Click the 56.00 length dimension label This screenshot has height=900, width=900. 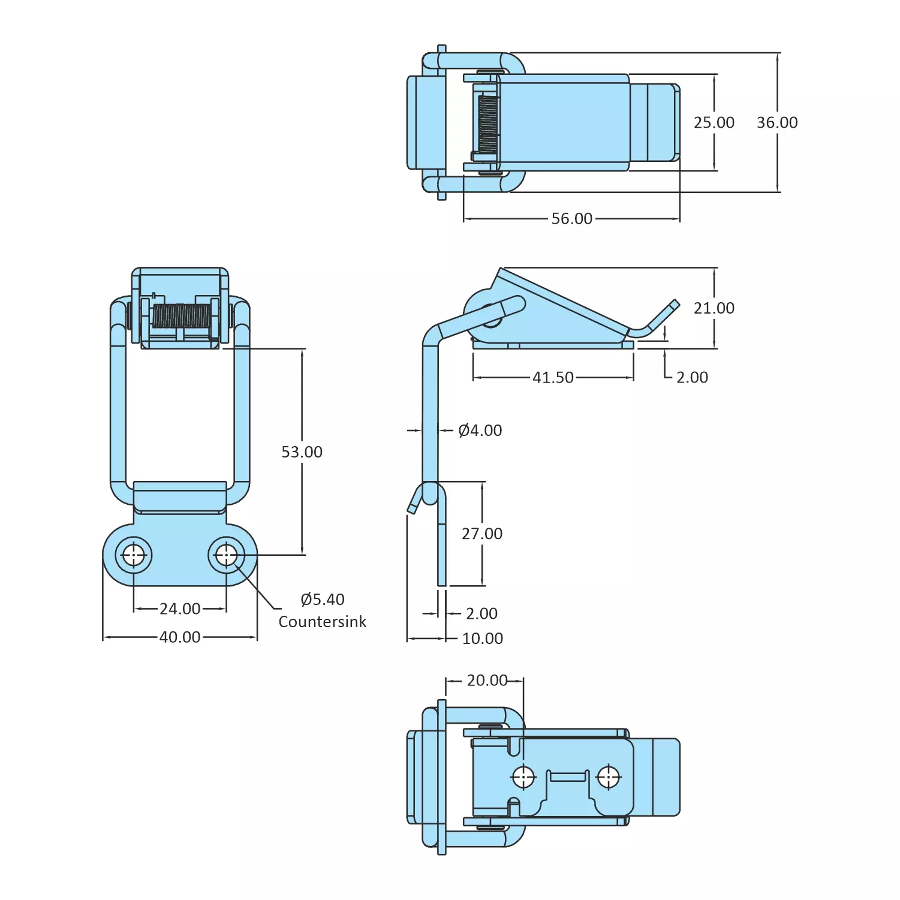(x=571, y=219)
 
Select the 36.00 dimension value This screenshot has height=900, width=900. (x=777, y=122)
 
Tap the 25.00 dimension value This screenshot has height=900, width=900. (x=714, y=122)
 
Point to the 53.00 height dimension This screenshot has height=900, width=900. (x=302, y=452)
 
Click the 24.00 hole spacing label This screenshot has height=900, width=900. (x=180, y=609)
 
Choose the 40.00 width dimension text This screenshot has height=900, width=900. (x=180, y=637)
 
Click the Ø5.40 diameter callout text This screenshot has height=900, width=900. (x=323, y=599)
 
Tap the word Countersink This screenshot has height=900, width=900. (x=322, y=622)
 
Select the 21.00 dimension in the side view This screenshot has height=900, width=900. (x=714, y=308)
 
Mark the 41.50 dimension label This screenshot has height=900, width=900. (x=553, y=378)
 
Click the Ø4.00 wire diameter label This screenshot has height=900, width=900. (x=480, y=431)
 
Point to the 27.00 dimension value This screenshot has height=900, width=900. (x=482, y=534)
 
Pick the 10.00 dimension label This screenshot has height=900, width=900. (x=482, y=639)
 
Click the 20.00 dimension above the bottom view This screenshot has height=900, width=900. (x=487, y=681)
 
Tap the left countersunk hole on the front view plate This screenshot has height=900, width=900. (x=134, y=555)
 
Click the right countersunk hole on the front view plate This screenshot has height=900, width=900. (x=227, y=555)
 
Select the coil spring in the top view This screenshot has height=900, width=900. (x=487, y=124)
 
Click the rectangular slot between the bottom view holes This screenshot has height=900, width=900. (x=567, y=776)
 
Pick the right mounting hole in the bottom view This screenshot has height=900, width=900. (x=609, y=777)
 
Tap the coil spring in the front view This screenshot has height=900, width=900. (x=182, y=316)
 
